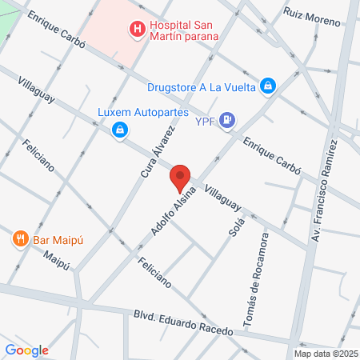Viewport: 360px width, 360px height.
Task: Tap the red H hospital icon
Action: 137,30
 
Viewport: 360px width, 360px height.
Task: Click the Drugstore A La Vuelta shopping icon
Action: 269,86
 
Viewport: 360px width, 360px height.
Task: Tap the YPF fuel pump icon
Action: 229,120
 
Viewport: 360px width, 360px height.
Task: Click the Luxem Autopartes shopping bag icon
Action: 119,129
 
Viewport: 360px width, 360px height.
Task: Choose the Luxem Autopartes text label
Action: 131,112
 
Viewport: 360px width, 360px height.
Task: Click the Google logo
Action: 26,350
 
